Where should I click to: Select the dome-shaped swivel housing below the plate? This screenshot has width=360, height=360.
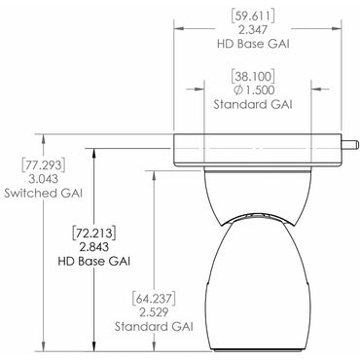[258, 190]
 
